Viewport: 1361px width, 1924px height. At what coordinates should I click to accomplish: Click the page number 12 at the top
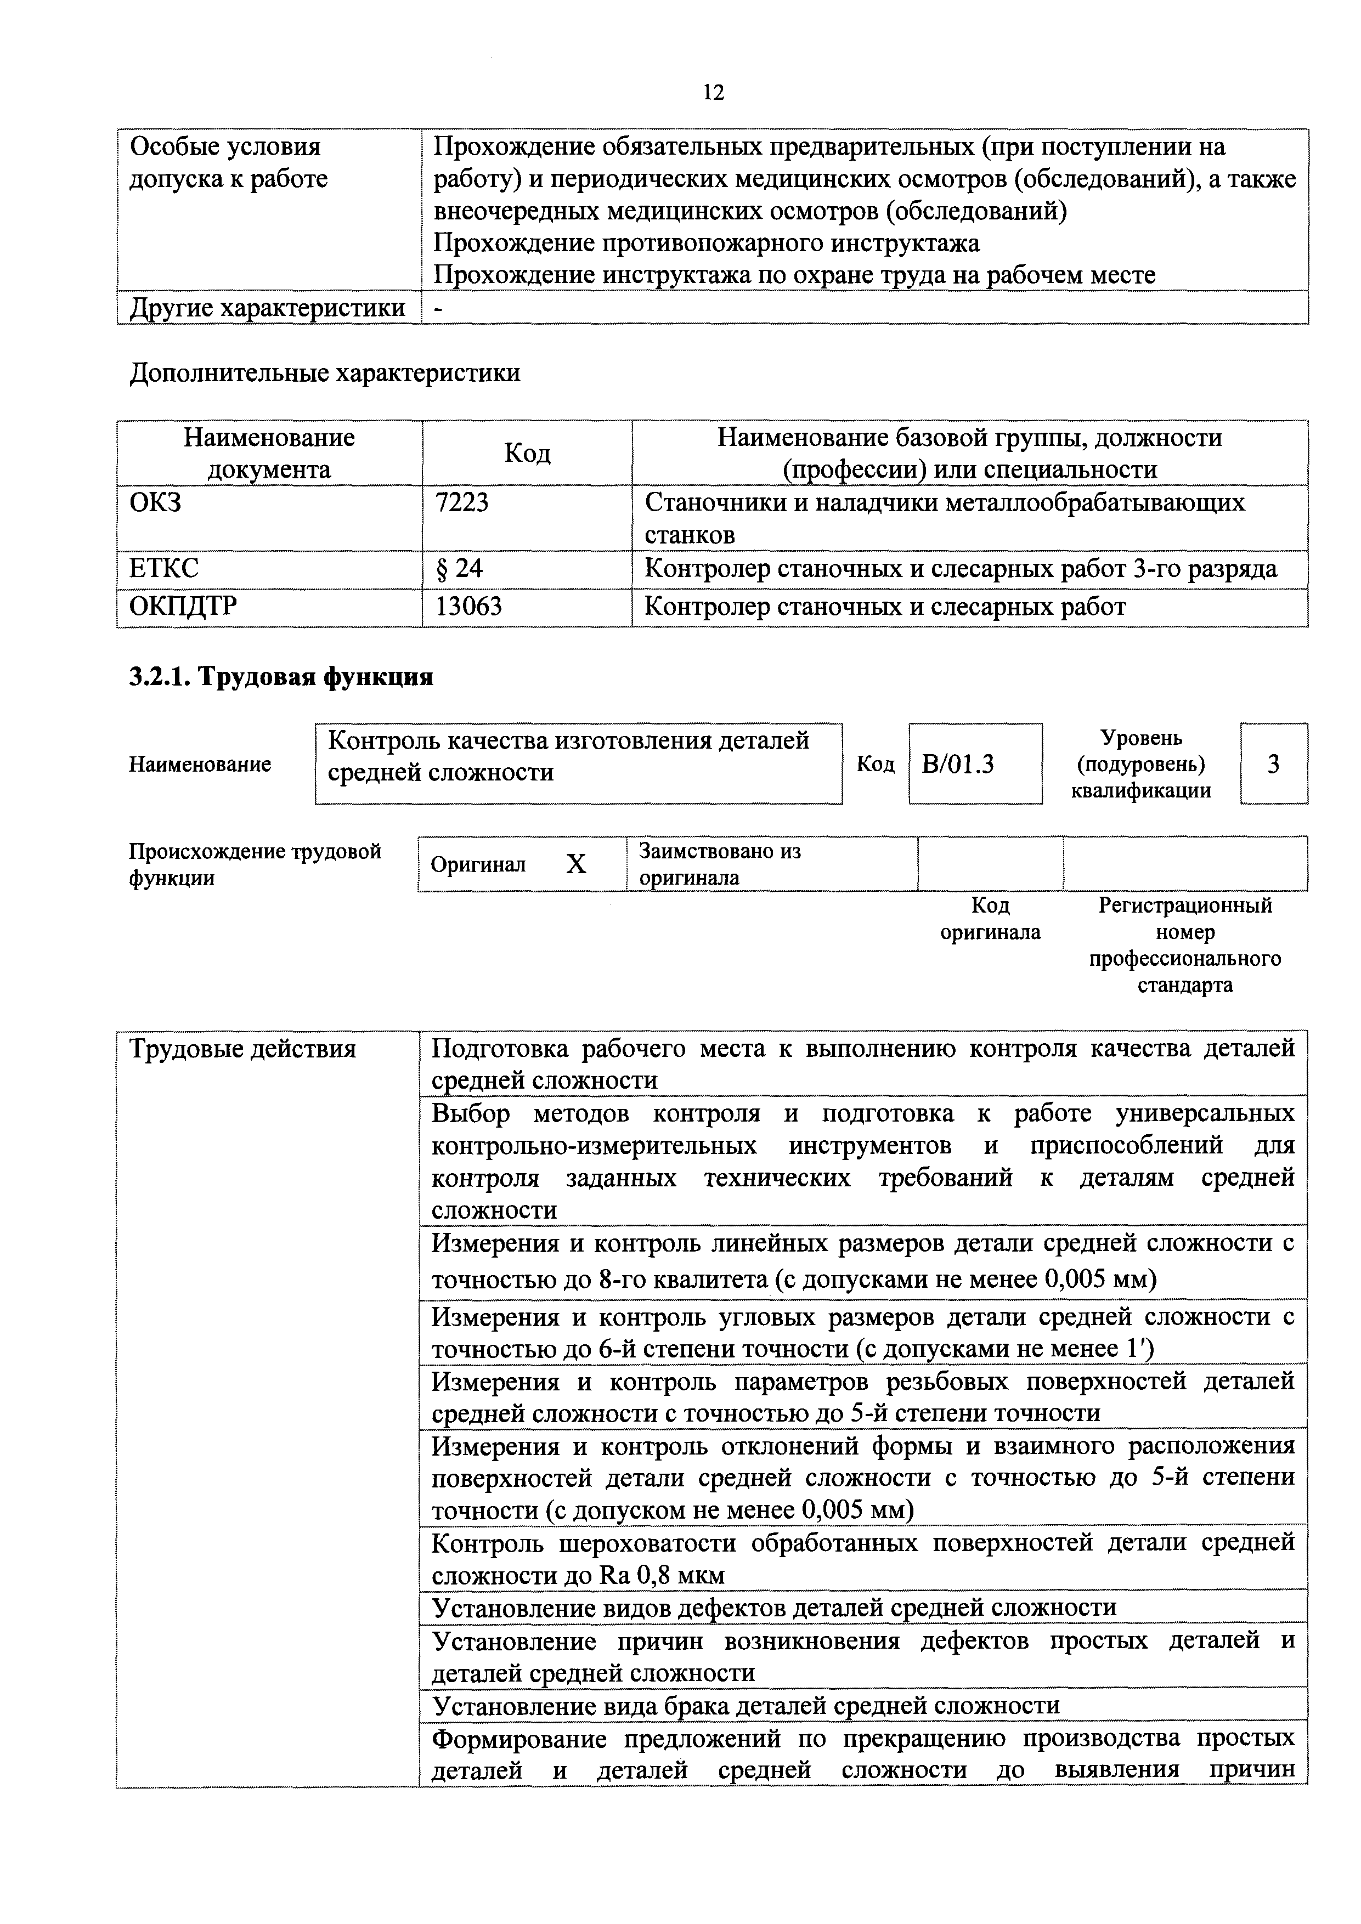pos(713,92)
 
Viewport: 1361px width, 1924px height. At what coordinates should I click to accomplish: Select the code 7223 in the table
pos(462,503)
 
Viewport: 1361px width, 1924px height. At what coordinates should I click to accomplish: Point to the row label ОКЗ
pos(156,503)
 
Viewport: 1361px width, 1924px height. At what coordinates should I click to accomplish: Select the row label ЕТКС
pos(164,569)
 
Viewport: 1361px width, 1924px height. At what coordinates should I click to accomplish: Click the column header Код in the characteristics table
pos(527,454)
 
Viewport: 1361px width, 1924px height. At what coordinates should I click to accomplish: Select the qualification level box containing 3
pos(1273,763)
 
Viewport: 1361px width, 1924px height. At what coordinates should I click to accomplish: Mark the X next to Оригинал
pos(576,864)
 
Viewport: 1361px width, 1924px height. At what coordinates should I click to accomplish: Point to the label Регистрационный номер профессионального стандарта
pos(1185,945)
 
